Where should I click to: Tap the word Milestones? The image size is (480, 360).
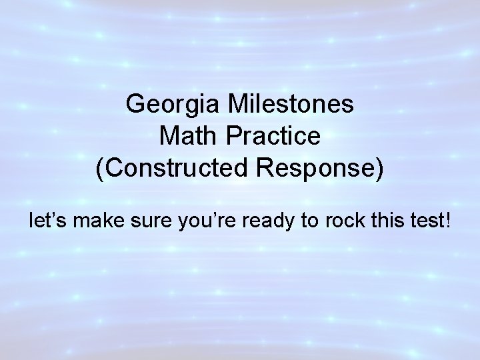click(x=293, y=105)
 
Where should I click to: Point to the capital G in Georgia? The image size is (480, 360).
click(x=135, y=105)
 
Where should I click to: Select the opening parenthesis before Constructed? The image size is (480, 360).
click(x=100, y=169)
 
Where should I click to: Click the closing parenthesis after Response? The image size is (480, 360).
click(x=380, y=169)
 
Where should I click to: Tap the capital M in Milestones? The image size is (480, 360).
click(x=237, y=105)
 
